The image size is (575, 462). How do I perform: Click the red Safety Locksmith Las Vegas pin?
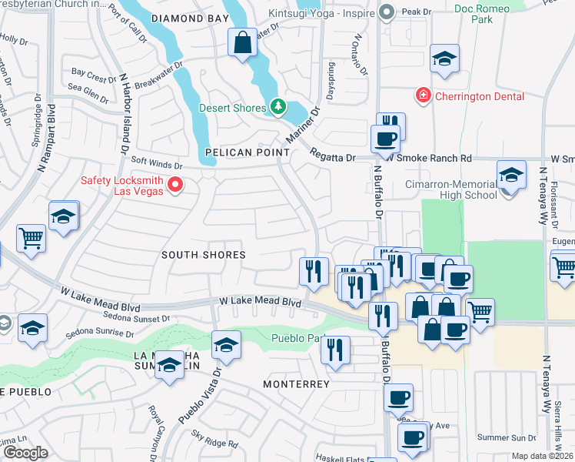[x=175, y=185]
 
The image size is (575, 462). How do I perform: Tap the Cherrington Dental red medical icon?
[x=422, y=96]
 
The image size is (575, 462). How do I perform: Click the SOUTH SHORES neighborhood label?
[x=203, y=255]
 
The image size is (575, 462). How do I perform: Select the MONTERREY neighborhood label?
[x=296, y=383]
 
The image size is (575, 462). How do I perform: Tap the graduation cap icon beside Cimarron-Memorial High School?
[x=511, y=176]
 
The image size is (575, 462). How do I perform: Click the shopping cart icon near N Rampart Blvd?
[x=31, y=238]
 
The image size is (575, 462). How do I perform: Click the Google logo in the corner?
[x=25, y=452]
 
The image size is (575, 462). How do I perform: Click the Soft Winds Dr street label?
[x=156, y=163]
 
